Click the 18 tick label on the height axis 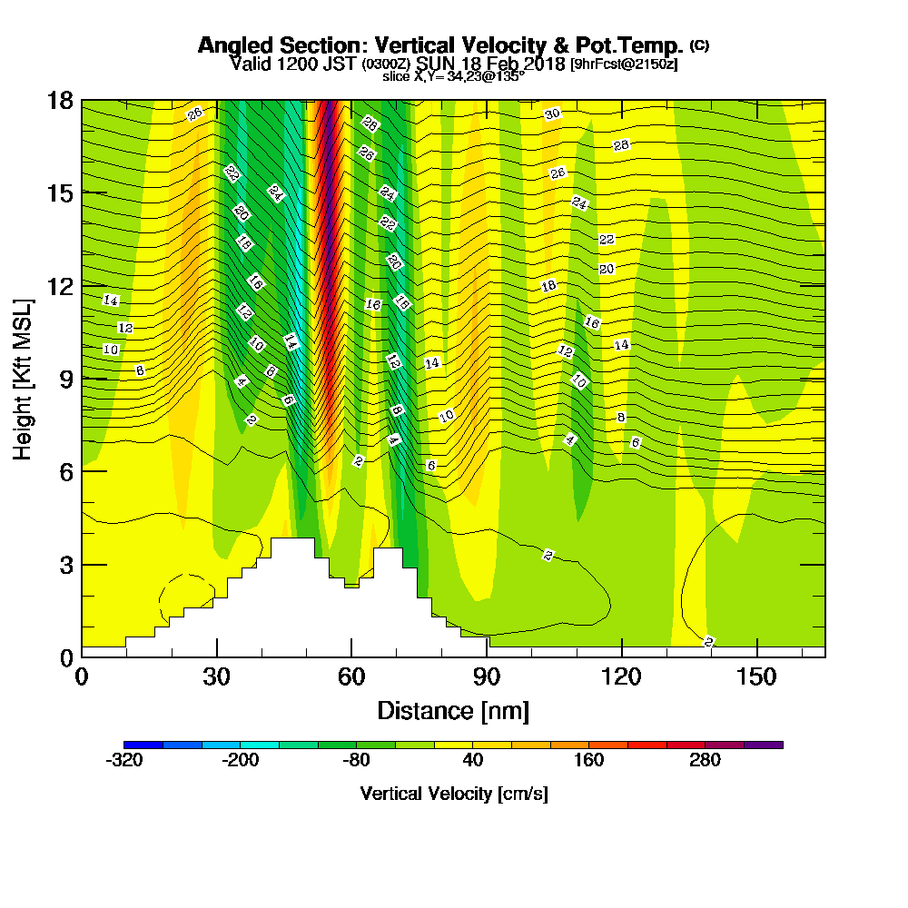(60, 100)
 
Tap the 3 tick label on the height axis (65, 564)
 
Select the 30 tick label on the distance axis (216, 677)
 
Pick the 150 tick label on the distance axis (757, 677)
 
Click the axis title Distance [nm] (453, 710)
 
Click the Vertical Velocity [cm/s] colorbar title (453, 794)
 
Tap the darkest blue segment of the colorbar (143, 745)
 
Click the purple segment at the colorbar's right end (764, 745)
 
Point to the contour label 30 (553, 113)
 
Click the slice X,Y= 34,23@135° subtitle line (453, 76)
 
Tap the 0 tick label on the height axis (65, 656)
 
